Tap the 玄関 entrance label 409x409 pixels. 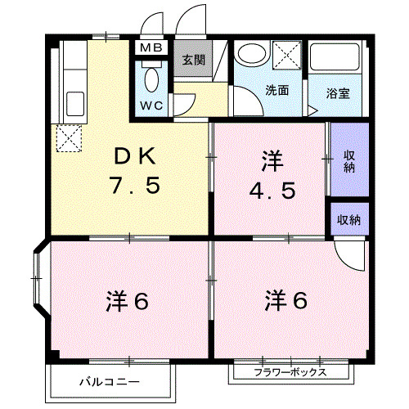click(x=193, y=59)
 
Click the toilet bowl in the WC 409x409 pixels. click(x=151, y=80)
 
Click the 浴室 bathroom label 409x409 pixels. click(x=338, y=92)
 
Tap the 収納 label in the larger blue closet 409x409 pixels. click(x=349, y=161)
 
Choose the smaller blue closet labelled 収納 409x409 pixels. click(x=349, y=220)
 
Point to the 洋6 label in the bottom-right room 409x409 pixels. click(x=286, y=300)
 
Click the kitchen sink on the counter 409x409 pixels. click(x=74, y=106)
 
